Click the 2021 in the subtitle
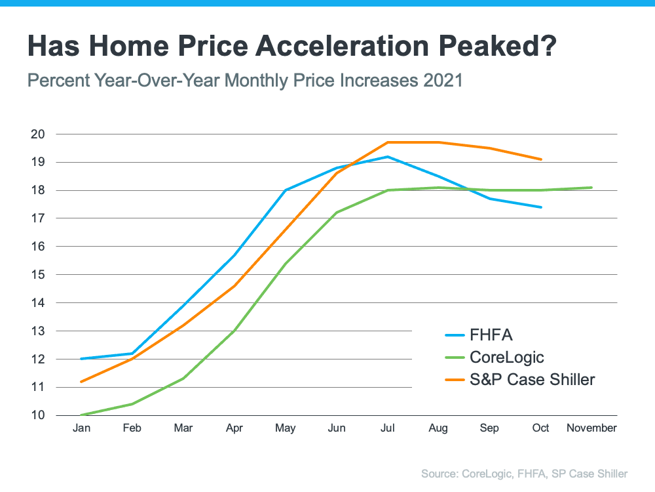point(443,81)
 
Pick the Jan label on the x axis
point(81,428)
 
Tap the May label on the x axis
point(285,428)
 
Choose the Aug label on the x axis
point(438,428)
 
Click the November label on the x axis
point(591,428)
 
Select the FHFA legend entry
point(491,335)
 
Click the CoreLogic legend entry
point(507,358)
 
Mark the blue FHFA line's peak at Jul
point(388,157)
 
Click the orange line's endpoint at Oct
point(541,159)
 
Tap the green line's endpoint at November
point(592,188)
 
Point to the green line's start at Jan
point(81,415)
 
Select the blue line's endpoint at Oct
point(541,207)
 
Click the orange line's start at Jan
point(81,382)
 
